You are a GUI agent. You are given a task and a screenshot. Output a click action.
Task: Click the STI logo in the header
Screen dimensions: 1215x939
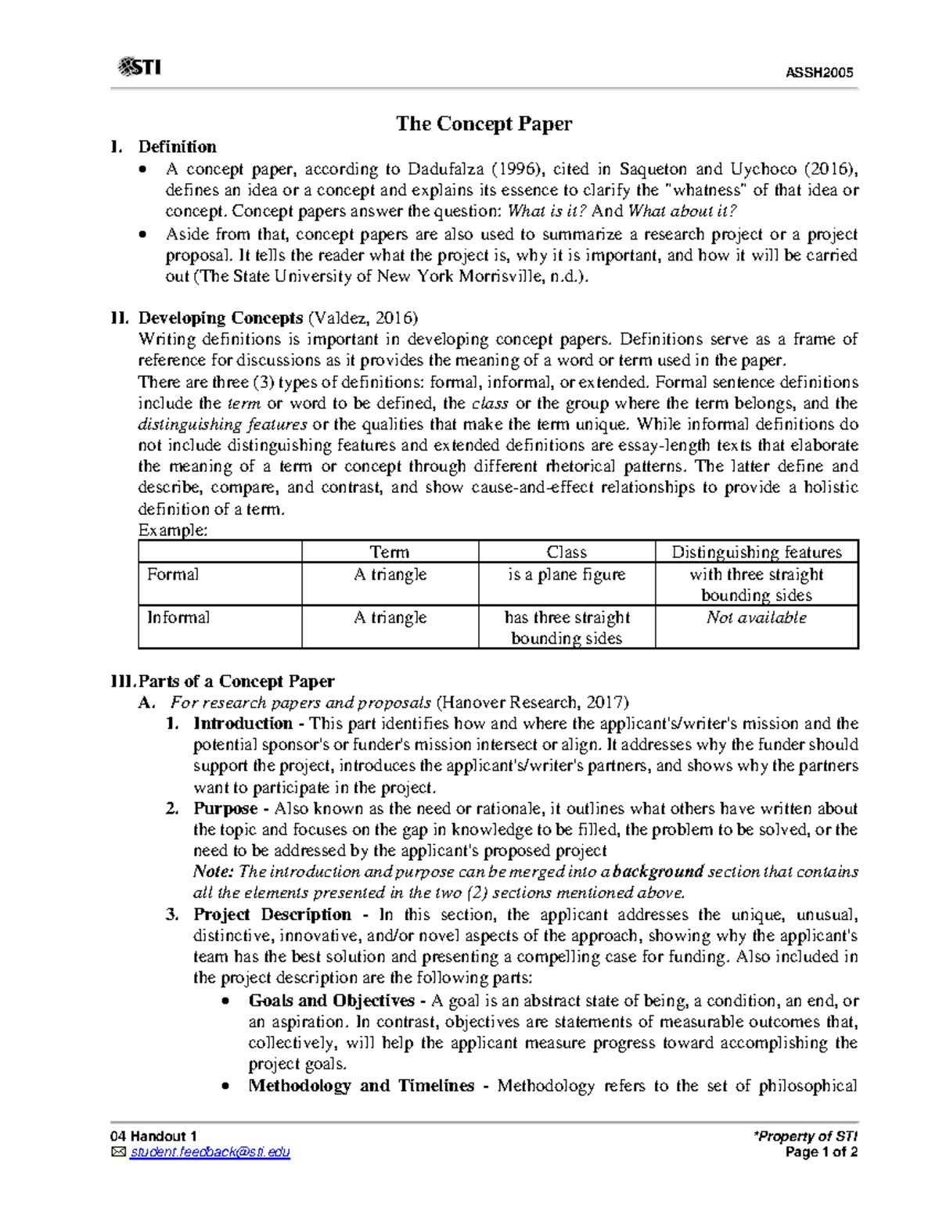coord(139,67)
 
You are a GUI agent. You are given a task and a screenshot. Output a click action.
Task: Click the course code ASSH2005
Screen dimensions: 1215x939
coord(818,73)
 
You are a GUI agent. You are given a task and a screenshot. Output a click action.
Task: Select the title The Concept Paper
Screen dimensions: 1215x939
coord(484,124)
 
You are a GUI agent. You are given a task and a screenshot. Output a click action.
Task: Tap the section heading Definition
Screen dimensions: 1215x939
coord(177,147)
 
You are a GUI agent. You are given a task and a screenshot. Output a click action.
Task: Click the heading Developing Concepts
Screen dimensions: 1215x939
coord(221,318)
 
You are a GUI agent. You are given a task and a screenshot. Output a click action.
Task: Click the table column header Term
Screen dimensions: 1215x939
coord(390,552)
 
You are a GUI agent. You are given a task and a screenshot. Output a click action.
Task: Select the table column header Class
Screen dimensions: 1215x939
coord(567,552)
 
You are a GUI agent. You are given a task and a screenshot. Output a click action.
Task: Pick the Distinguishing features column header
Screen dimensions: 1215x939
coord(756,552)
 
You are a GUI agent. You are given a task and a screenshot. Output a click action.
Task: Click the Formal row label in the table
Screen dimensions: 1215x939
coord(173,574)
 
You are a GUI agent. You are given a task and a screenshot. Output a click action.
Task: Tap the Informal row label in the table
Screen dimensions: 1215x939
coord(178,617)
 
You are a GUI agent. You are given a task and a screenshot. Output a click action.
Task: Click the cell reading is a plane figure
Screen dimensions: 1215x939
coord(567,574)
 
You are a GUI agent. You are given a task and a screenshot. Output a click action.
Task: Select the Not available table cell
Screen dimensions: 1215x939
coord(756,617)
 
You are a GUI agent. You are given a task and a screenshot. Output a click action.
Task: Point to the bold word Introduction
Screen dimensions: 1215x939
coord(243,723)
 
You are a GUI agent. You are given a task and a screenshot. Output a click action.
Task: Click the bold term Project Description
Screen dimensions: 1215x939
coord(272,915)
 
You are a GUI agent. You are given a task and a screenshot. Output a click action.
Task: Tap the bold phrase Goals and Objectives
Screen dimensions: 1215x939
coord(331,1001)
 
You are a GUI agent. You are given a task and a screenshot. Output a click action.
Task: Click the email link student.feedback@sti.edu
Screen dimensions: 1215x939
coord(210,1152)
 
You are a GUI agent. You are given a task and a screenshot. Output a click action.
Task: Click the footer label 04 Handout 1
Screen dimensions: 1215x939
coord(153,1136)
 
